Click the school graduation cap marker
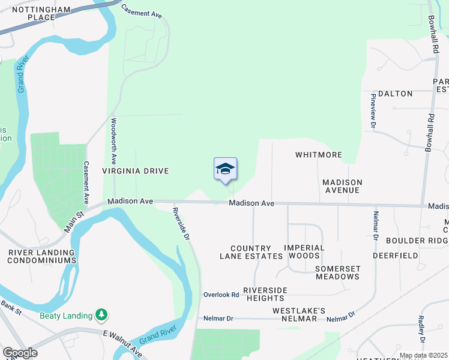click(x=225, y=169)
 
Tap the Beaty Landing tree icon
click(x=102, y=315)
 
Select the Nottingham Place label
click(x=42, y=14)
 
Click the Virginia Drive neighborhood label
click(x=135, y=171)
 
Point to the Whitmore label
click(x=319, y=155)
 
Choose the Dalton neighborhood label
click(x=395, y=94)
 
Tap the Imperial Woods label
click(x=304, y=252)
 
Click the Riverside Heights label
click(x=265, y=294)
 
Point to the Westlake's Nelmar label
click(x=299, y=314)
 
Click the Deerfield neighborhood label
click(x=395, y=255)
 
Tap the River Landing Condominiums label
click(x=42, y=257)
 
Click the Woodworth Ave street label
click(x=113, y=141)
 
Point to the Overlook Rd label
click(x=221, y=295)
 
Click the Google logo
click(x=20, y=353)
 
